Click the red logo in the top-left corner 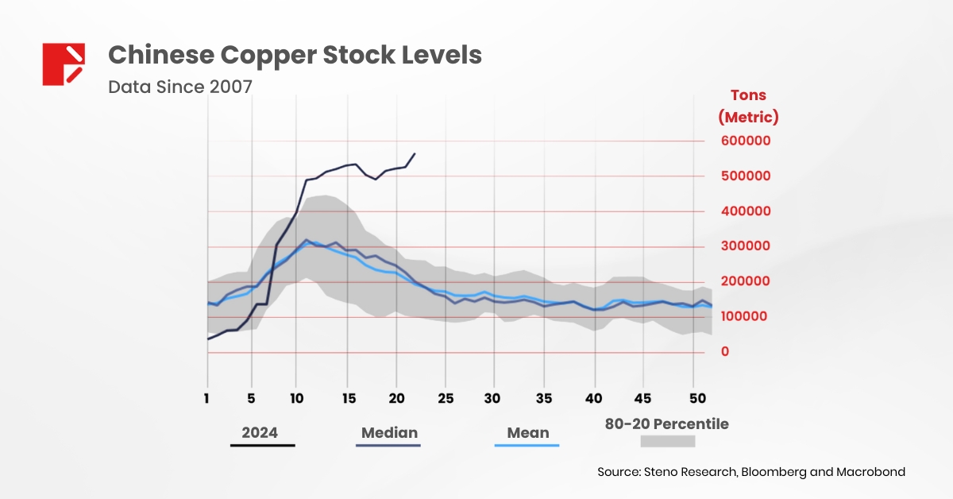tap(64, 64)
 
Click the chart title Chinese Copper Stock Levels tap(295, 55)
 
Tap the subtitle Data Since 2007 tap(180, 86)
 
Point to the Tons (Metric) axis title tap(748, 106)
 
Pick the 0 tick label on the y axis tap(724, 351)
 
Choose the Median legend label tap(389, 433)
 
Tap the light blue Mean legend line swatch tap(527, 445)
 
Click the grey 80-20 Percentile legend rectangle tap(668, 441)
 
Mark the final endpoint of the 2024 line tap(415, 153)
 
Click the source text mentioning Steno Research tap(751, 472)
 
